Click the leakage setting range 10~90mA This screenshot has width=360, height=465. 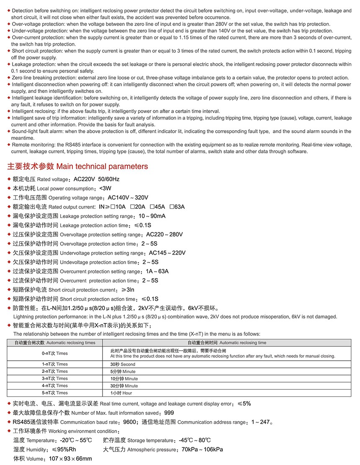152,216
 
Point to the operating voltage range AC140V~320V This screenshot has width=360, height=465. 128,198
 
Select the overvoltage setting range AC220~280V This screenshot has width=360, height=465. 165,235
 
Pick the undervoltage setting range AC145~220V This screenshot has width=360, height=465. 167,253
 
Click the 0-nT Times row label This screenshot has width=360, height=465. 55,353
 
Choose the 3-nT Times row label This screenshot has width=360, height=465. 55,378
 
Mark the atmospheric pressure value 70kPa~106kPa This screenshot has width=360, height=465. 202,449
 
